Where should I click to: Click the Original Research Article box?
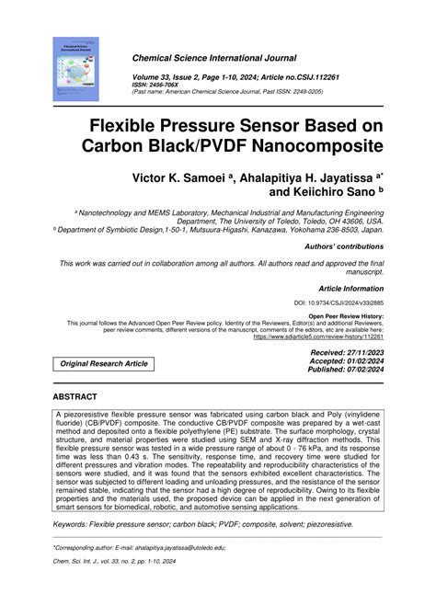pyautogui.click(x=104, y=364)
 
